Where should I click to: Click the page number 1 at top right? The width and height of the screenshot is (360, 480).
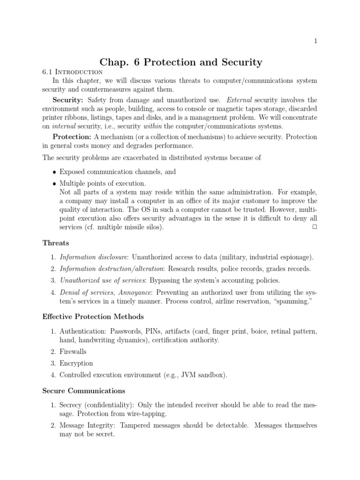coord(315,41)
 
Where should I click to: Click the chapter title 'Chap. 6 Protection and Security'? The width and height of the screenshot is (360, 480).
coord(181,62)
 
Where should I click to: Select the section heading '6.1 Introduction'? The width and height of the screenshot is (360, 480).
coord(72,72)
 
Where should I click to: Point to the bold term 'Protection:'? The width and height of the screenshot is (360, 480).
coord(72,137)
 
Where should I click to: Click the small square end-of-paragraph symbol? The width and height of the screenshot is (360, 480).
coord(314,227)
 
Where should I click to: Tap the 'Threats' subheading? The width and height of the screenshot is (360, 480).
coord(56,243)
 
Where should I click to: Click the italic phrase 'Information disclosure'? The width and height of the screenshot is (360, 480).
coord(94,257)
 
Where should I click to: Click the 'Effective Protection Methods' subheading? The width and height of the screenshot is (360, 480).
coord(93,316)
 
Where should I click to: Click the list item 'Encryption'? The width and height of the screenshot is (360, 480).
coord(76,363)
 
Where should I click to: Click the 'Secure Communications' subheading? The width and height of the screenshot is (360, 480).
coord(84,390)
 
